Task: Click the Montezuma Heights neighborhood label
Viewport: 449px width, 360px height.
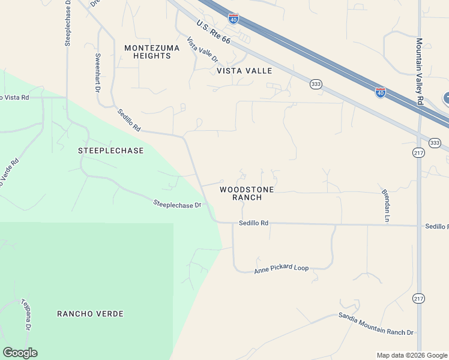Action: (148, 52)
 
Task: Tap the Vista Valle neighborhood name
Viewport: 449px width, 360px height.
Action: (244, 71)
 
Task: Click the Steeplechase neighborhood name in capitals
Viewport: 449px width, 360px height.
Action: (111, 151)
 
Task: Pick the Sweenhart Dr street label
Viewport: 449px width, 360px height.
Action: (97, 73)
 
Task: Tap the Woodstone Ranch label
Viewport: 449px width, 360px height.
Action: (247, 193)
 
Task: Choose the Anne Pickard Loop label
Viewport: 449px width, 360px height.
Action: (281, 268)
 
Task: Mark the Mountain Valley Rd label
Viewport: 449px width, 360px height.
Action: (420, 72)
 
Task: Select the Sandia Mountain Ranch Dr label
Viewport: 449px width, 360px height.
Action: (376, 324)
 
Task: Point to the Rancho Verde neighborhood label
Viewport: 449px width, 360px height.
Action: (91, 314)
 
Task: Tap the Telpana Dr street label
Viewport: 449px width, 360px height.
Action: (26, 315)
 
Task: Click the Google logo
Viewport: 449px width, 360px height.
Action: (20, 353)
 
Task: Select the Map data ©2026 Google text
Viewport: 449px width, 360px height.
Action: (412, 355)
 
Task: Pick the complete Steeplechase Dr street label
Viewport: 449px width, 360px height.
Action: (177, 205)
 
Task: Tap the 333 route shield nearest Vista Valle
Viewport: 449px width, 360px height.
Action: (316, 84)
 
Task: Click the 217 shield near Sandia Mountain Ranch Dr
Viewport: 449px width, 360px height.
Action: (419, 298)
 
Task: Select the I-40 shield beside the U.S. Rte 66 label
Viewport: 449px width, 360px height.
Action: (234, 19)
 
